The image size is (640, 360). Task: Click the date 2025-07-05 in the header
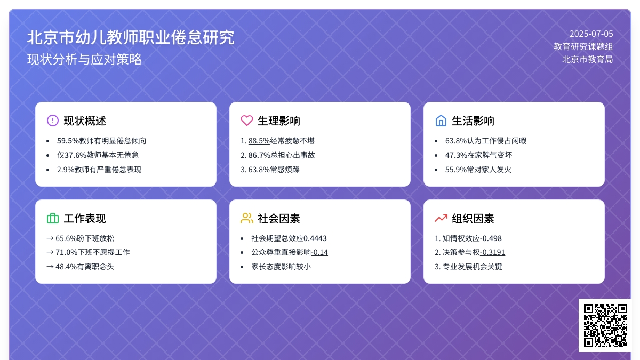pos(591,34)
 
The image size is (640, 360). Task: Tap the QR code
pos(605,325)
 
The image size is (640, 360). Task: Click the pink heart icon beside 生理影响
pos(247,121)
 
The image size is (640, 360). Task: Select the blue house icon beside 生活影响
pos(441,121)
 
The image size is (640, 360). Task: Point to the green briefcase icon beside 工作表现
pos(53,218)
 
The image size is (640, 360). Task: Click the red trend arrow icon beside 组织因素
pos(441,218)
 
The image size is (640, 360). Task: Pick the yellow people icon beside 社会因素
pos(247,218)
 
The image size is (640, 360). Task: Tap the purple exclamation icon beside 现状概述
pos(53,121)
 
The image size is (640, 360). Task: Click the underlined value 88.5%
pos(259,141)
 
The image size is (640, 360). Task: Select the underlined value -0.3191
pos(493,252)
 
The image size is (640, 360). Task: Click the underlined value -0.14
pos(319,252)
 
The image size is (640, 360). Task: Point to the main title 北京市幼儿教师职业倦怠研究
pos(131,37)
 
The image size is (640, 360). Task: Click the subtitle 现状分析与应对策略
pos(84,59)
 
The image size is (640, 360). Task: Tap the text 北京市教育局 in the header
pos(587,59)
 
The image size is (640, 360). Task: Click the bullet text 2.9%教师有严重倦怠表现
pos(99,170)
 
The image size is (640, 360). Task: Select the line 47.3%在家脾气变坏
pos(478,155)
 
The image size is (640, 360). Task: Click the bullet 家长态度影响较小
pos(281,267)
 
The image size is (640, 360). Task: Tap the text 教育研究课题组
pos(583,46)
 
